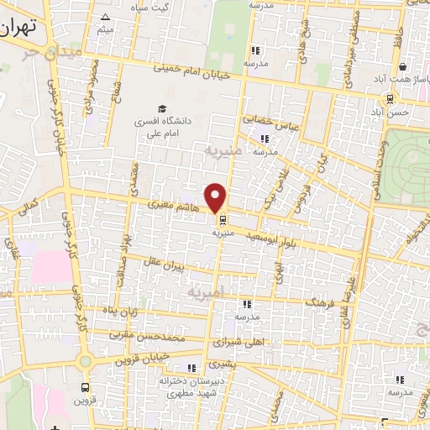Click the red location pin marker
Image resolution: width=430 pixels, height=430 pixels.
coord(217,197)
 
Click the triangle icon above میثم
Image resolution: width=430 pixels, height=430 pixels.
coord(105,18)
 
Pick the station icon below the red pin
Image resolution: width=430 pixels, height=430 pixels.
coord(223,222)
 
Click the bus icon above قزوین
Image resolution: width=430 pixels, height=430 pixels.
coord(86,388)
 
